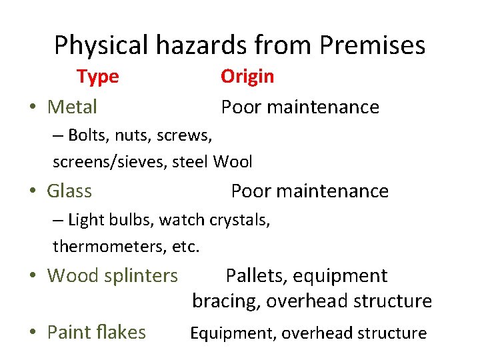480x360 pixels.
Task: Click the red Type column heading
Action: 97,77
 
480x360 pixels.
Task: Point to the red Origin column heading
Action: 247,77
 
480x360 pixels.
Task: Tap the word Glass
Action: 69,191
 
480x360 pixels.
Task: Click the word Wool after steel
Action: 233,161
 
